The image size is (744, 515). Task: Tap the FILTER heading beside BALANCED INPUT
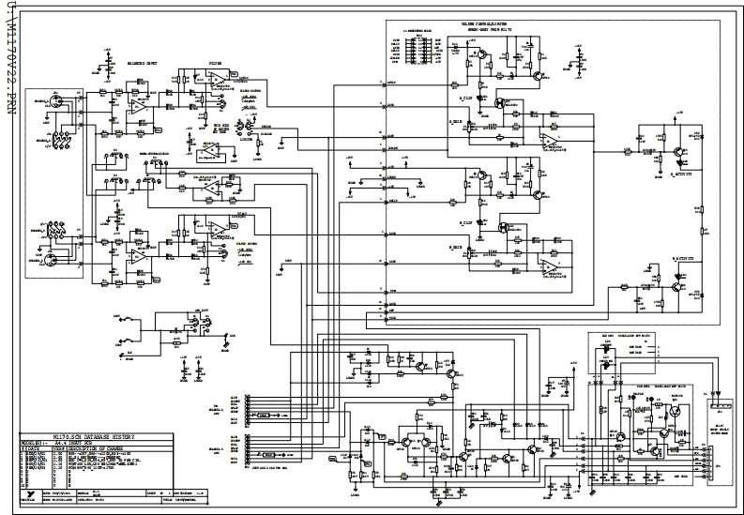[215, 66]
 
